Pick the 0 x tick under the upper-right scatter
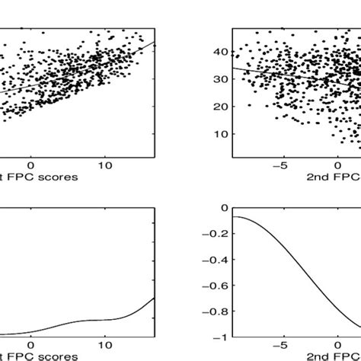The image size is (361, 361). [x=339, y=164]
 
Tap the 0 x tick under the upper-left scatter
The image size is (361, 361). [x=30, y=164]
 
